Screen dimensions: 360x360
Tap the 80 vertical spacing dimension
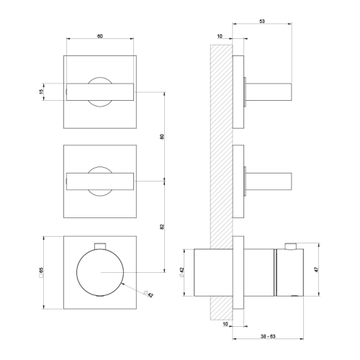162,137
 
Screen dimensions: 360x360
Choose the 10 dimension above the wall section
219,36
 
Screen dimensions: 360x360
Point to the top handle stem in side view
271,92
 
